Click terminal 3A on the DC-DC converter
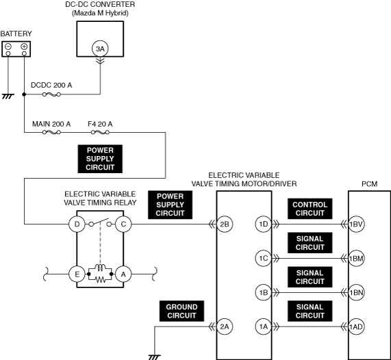click(100, 49)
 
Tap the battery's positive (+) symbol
click(24, 47)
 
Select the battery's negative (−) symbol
click(8, 47)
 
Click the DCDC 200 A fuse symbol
click(51, 94)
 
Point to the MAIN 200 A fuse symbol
click(51, 132)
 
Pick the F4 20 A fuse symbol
click(100, 132)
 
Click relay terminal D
click(77, 224)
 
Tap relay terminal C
click(123, 224)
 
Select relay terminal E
click(77, 274)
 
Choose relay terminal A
click(123, 274)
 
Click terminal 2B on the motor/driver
click(225, 224)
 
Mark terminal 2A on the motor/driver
click(225, 326)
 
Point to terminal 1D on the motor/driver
click(264, 224)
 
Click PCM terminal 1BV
click(356, 224)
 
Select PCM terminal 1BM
click(356, 258)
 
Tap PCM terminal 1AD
click(356, 326)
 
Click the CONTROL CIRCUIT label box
click(310, 209)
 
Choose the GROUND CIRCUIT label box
click(181, 311)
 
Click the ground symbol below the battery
click(8, 97)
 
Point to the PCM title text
click(370, 184)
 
